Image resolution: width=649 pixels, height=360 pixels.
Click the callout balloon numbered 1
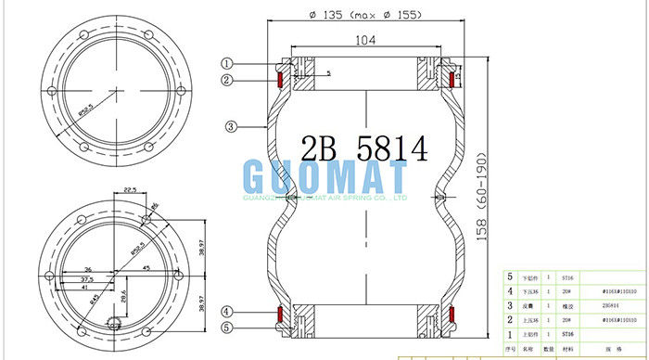(226, 63)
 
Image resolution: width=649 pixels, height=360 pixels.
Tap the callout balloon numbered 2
(226, 80)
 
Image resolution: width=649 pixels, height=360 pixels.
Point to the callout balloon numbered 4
(226, 311)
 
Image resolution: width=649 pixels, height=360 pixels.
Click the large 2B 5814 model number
(364, 148)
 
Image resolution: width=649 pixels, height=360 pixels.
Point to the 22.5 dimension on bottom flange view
(130, 191)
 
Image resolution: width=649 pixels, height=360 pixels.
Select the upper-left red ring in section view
(279, 79)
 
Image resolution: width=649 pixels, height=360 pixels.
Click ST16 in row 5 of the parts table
(567, 277)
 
